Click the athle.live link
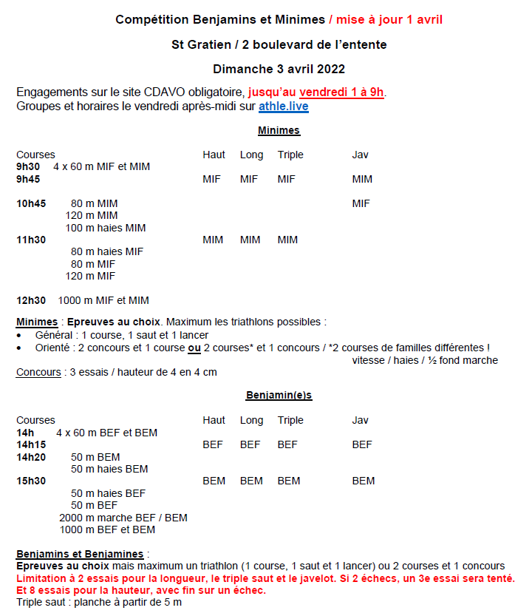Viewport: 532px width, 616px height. [283, 106]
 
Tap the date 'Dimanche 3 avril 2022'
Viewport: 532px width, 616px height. [279, 69]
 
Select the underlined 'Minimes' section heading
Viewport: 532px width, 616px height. [279, 131]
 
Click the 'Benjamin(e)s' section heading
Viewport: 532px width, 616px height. [279, 396]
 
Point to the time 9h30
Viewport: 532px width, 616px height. [28, 167]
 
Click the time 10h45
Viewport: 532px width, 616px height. [31, 203]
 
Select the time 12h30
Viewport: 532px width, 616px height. [31, 300]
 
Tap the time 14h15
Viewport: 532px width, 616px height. [31, 445]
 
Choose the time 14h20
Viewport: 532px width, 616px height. [31, 457]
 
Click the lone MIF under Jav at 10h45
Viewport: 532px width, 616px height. [361, 203]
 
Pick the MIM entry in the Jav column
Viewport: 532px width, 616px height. [362, 179]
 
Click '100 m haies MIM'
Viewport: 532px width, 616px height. [106, 228]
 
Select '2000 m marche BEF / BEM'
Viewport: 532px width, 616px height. [123, 518]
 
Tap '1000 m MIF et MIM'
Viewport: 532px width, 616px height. [103, 300]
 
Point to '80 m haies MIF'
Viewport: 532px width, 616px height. [107, 251]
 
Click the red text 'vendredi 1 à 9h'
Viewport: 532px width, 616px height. [341, 92]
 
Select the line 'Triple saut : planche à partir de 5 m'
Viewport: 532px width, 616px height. [99, 602]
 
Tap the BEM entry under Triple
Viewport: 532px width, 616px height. [289, 481]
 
